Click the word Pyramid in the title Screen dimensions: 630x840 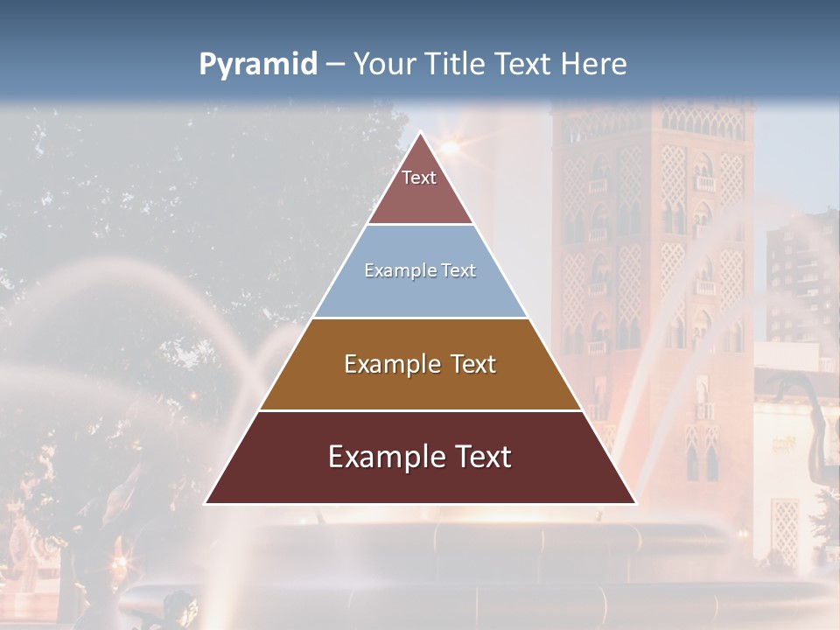coord(257,65)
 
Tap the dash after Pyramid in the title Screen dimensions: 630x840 coord(334,65)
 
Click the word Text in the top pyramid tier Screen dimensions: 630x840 coord(419,178)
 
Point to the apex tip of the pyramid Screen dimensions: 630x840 coord(420,133)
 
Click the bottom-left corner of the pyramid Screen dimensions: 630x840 coord(206,503)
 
